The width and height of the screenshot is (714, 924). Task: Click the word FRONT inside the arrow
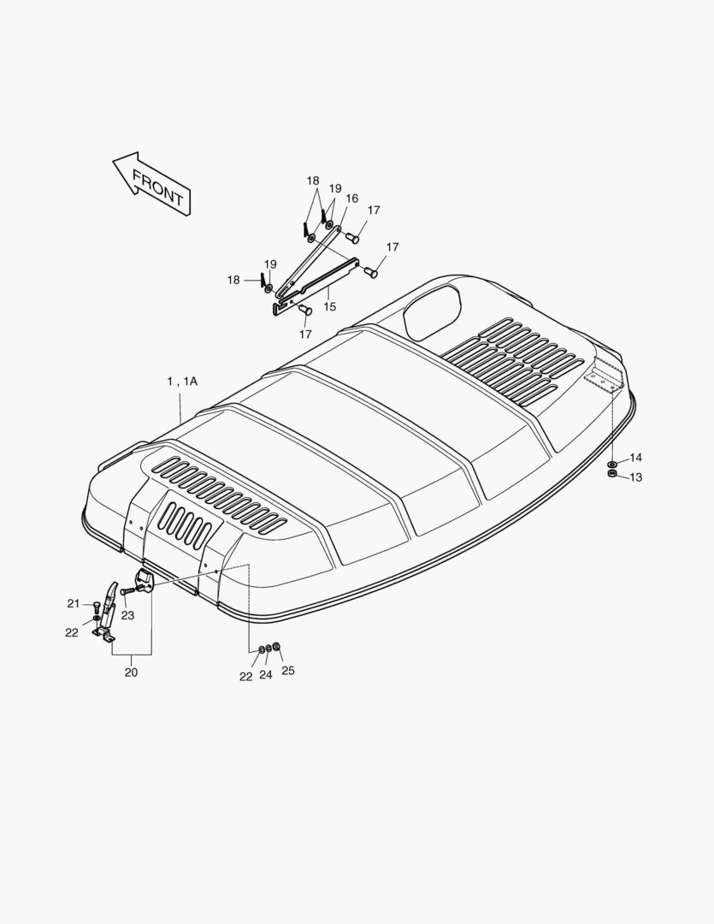coord(157,187)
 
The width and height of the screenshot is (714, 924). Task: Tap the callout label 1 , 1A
coord(182,382)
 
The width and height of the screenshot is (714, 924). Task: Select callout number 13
coord(635,477)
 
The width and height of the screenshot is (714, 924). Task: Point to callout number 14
coord(635,458)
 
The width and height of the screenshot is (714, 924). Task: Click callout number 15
coord(329,307)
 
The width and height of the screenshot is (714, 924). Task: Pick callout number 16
coord(351,198)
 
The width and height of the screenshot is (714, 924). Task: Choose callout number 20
coord(131,672)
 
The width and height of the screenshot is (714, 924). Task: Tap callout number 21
coord(73,603)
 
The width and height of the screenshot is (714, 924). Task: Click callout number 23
coord(128,615)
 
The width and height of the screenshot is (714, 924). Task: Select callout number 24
coord(266,675)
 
